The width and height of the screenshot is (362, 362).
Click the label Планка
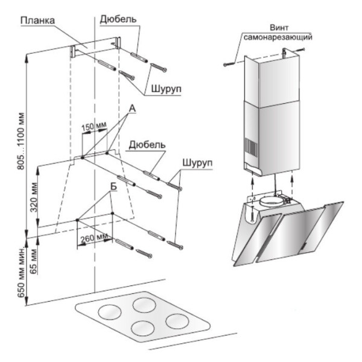pyautogui.click(x=38, y=20)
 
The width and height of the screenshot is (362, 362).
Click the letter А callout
pyautogui.click(x=131, y=109)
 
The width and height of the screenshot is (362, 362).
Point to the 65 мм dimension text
pyautogui.click(x=34, y=250)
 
